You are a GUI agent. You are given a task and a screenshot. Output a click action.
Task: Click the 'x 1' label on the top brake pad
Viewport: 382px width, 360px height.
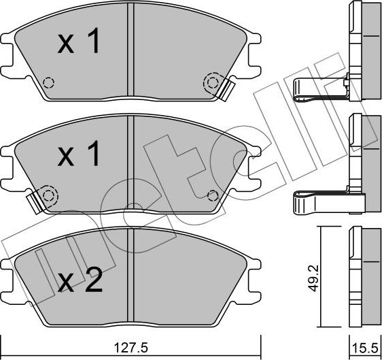pyautogui.click(x=79, y=44)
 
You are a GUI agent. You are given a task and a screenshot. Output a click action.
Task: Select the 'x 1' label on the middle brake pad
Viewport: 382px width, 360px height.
pyautogui.click(x=79, y=155)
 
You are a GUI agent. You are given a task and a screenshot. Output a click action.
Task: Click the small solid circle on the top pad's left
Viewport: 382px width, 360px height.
pyautogui.click(x=48, y=83)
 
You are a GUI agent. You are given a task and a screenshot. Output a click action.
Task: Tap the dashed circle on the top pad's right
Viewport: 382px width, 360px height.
pyautogui.click(x=213, y=83)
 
